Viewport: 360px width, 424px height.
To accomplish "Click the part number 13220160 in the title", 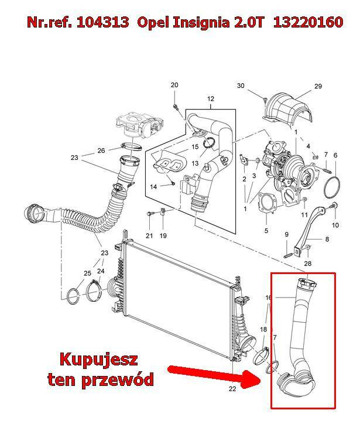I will (314, 23).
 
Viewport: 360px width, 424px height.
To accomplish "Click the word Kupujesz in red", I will (101, 358).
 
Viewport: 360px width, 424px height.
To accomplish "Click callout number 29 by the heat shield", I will (318, 87).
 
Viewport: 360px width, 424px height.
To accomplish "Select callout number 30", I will (241, 86).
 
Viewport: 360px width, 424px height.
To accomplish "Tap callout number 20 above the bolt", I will (174, 86).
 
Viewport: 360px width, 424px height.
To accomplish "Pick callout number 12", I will (211, 98).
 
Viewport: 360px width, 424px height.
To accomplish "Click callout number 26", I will (101, 151).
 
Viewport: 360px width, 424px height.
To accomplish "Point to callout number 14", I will (153, 187).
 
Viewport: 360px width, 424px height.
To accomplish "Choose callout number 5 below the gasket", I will (266, 231).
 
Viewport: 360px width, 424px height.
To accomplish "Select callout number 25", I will (87, 273).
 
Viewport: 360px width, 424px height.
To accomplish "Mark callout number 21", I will (149, 235).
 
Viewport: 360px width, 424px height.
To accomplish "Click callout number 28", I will (308, 265).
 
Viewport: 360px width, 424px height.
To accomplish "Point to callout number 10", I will (335, 225).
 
